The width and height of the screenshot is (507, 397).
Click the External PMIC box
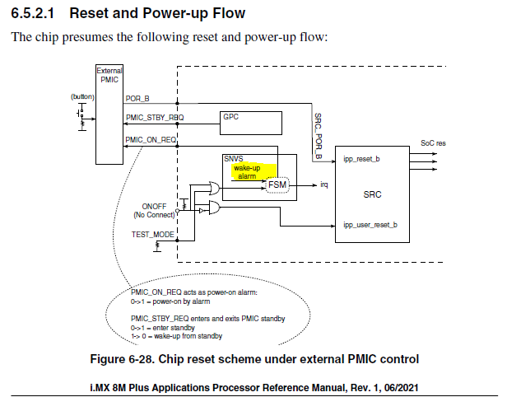pos(109,115)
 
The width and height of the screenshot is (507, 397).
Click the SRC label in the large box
pos(371,196)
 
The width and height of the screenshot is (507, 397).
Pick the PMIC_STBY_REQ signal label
pos(154,118)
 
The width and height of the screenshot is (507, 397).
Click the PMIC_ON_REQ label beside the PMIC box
pos(151,138)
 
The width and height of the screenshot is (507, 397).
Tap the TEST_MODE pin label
pos(152,234)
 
